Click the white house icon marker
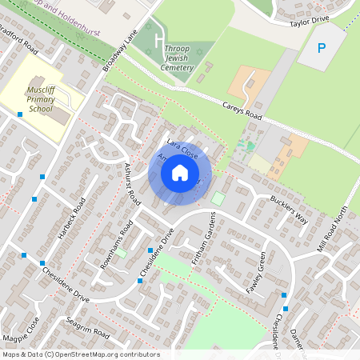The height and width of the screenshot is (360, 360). pos(180,173)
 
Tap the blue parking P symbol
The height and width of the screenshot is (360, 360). pos(322,48)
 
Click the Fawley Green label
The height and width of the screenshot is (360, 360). pos(256,272)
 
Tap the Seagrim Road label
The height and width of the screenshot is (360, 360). pos(88,326)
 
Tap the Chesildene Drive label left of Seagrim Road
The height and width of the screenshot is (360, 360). pos(66,284)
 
